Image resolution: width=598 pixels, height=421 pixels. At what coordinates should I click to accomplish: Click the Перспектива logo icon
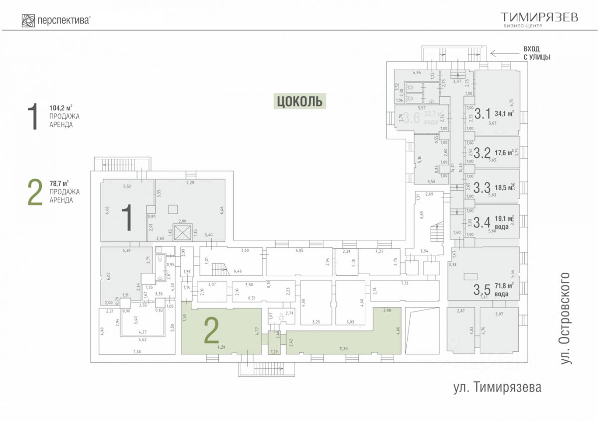point(28,20)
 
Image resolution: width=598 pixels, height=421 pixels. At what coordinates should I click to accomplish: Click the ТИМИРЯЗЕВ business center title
point(539,17)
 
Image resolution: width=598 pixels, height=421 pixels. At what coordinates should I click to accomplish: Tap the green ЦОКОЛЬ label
point(299,101)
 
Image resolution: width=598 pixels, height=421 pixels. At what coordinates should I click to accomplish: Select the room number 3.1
point(482,114)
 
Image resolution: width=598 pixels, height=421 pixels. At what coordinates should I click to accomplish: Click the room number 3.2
point(482,153)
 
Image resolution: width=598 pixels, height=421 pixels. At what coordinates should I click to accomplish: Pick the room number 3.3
point(482,188)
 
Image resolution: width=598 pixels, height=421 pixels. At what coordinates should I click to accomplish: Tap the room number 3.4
point(482,221)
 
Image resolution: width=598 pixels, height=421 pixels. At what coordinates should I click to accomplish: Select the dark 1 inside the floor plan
point(128,218)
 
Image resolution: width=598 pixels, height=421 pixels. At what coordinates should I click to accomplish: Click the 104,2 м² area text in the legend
point(61,107)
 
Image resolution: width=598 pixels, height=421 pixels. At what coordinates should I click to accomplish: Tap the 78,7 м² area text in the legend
point(59,183)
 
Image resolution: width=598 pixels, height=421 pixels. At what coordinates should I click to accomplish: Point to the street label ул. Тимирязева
point(497,387)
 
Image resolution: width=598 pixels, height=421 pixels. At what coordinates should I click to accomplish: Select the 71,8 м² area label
point(504,286)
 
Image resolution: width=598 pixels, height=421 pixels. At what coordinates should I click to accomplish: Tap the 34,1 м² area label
point(504,113)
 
